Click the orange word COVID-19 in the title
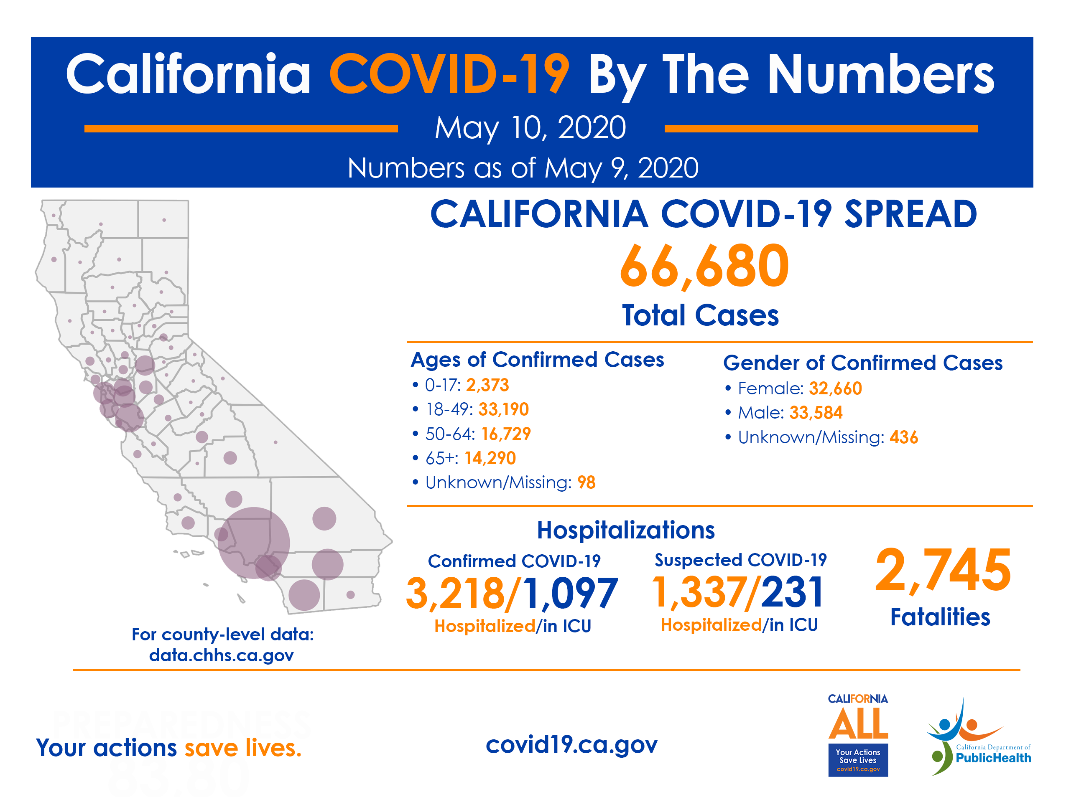[x=449, y=75]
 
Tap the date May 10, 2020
[x=530, y=128]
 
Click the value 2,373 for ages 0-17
[x=487, y=385]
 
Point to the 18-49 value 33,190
[x=503, y=409]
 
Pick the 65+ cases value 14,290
[x=490, y=458]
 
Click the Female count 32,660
[x=835, y=388]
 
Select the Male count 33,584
[x=816, y=413]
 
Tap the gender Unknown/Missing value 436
[x=904, y=437]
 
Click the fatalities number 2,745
[x=943, y=571]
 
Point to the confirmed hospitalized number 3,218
[x=455, y=593]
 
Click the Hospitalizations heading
[x=625, y=530]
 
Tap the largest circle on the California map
[x=253, y=543]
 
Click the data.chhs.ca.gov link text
[x=221, y=655]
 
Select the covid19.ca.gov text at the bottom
[x=571, y=744]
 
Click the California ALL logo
[x=858, y=734]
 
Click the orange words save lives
[x=243, y=748]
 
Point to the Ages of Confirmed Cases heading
[x=537, y=360]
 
